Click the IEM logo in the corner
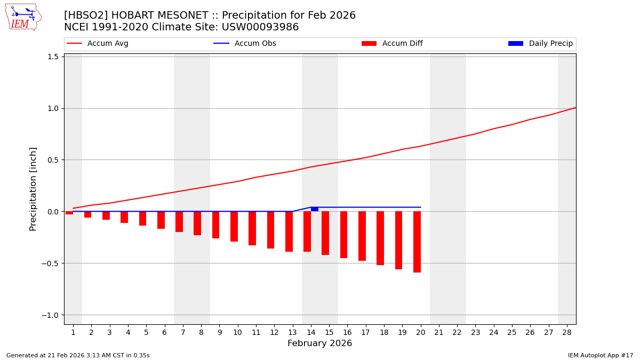23,17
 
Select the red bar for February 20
417,242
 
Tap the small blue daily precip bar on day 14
315,209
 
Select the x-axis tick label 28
567,332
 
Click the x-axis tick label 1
73,332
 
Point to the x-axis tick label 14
311,332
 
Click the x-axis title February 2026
319,343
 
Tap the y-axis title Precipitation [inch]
33,189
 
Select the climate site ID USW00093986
261,27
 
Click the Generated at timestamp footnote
78,355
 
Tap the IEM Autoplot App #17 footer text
601,355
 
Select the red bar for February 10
234,226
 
